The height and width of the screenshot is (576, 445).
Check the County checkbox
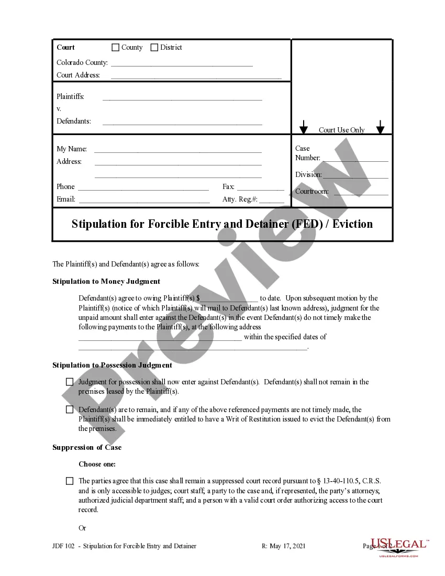[116, 48]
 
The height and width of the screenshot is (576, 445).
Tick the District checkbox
[154, 48]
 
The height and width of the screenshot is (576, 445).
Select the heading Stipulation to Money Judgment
[106, 282]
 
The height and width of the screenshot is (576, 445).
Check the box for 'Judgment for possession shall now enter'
[70, 382]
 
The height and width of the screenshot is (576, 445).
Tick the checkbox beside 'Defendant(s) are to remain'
[70, 409]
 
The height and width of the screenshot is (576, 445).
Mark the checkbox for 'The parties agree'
[70, 481]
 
